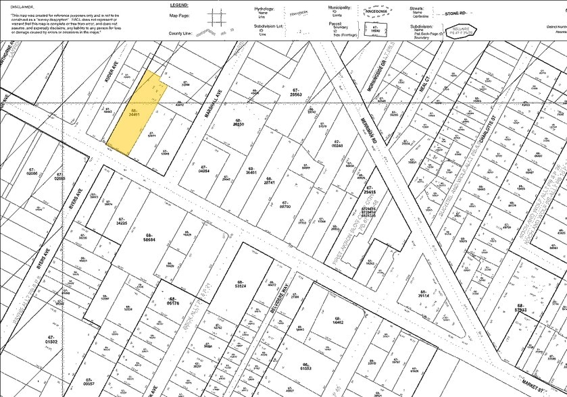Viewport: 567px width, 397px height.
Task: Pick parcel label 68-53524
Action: pyautogui.click(x=239, y=285)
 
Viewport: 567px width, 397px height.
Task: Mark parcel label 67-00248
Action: pyautogui.click(x=338, y=143)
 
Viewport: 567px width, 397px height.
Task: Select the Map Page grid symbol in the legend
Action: pyautogui.click(x=217, y=16)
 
